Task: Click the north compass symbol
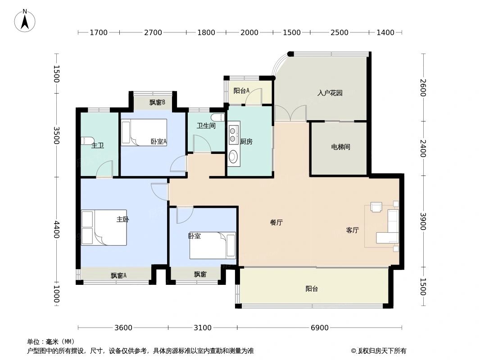click(x=25, y=21)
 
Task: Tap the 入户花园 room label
click(x=330, y=93)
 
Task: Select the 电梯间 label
click(x=340, y=147)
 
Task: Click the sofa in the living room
click(x=388, y=227)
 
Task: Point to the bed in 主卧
click(x=104, y=228)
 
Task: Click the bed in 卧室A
click(x=144, y=132)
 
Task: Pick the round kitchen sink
click(x=233, y=157)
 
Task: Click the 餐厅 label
click(x=276, y=222)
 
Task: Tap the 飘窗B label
click(x=157, y=102)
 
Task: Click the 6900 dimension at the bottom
click(x=319, y=328)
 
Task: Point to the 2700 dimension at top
click(x=153, y=32)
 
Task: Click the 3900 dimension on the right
click(x=423, y=221)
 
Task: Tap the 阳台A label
click(x=241, y=90)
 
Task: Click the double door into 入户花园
click(x=290, y=113)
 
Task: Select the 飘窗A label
click(x=118, y=275)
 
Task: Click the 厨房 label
click(x=246, y=141)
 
